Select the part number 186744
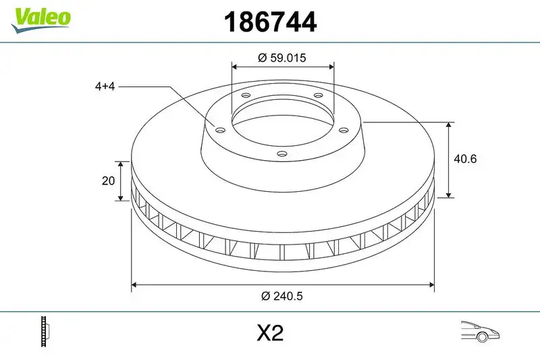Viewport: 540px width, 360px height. point(269,22)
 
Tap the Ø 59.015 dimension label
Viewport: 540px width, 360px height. point(282,58)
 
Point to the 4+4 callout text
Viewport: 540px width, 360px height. point(105,86)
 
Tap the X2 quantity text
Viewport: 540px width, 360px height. point(270,334)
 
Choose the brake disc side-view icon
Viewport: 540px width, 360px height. point(46,332)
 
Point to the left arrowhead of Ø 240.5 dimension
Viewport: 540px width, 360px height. point(134,284)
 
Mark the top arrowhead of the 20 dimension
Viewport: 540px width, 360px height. point(121,164)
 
